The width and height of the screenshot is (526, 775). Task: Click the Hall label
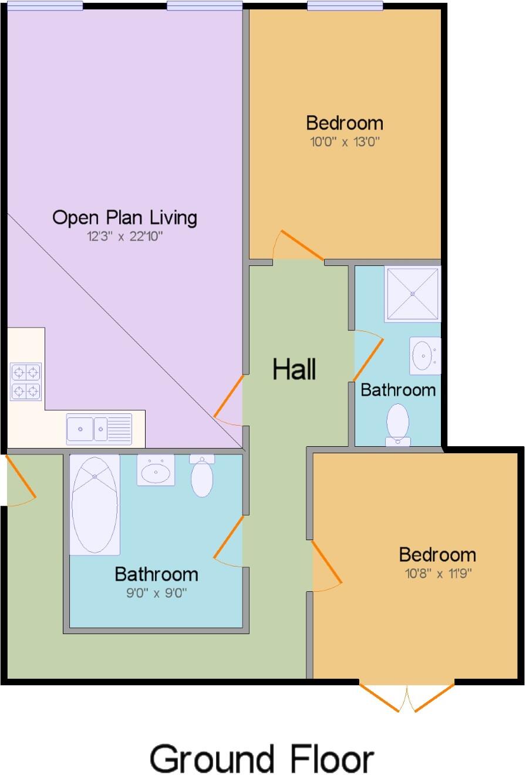tap(295, 369)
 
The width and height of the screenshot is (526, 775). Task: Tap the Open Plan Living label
tap(124, 217)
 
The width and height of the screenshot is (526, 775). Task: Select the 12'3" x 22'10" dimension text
tap(124, 237)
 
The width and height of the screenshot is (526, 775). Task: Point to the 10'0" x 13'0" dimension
tap(345, 142)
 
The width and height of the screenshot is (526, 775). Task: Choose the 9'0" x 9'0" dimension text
tap(156, 593)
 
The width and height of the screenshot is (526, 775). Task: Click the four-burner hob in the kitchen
tap(26, 382)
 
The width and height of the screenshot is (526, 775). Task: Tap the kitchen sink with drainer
tap(99, 428)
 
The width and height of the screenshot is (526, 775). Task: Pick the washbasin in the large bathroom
tap(156, 470)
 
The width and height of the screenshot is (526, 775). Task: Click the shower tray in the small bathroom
tap(413, 294)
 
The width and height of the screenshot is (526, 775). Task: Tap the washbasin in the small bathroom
tap(424, 355)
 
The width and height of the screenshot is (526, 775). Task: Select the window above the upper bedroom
tap(345, 6)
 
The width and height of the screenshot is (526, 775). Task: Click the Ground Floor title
tap(261, 759)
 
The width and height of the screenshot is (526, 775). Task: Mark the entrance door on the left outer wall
tap(21, 479)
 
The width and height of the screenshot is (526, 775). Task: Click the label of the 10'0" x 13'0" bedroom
tap(345, 123)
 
